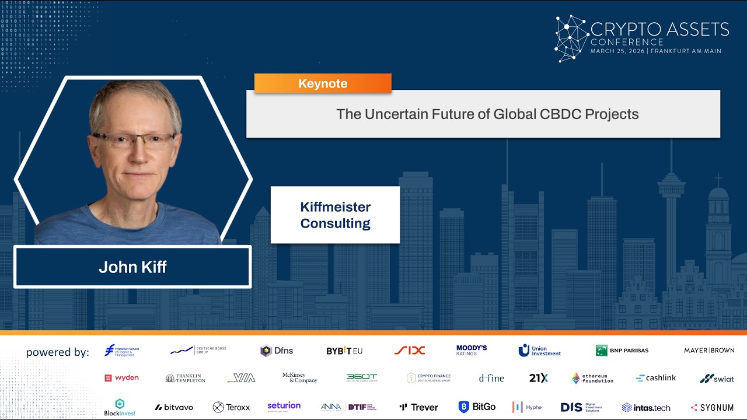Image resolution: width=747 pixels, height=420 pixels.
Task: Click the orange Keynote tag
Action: (323, 83)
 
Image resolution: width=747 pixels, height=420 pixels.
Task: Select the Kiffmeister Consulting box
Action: (335, 215)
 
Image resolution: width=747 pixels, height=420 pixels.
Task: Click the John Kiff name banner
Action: (132, 267)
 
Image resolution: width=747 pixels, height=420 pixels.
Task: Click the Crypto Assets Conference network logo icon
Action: (571, 38)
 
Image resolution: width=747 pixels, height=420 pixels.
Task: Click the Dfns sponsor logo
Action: (277, 351)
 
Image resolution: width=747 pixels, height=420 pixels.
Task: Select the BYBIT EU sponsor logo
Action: (344, 351)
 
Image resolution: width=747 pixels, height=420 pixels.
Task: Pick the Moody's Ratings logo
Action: (472, 350)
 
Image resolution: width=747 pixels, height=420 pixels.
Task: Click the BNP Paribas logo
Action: (622, 351)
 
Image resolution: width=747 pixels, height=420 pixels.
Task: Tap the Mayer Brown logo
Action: (709, 351)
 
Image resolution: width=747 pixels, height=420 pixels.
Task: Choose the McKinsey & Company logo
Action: (300, 378)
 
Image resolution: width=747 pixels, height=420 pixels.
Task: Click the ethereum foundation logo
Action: (592, 378)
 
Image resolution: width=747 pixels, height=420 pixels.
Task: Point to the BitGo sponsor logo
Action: (477, 407)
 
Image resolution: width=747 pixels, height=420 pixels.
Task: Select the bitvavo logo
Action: (174, 407)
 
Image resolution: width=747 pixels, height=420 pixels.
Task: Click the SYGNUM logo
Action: (712, 407)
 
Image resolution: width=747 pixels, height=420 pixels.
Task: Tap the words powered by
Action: (58, 352)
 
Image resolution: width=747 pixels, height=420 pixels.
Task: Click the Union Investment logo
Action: (539, 351)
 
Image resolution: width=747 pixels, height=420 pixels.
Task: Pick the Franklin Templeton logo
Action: (185, 378)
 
